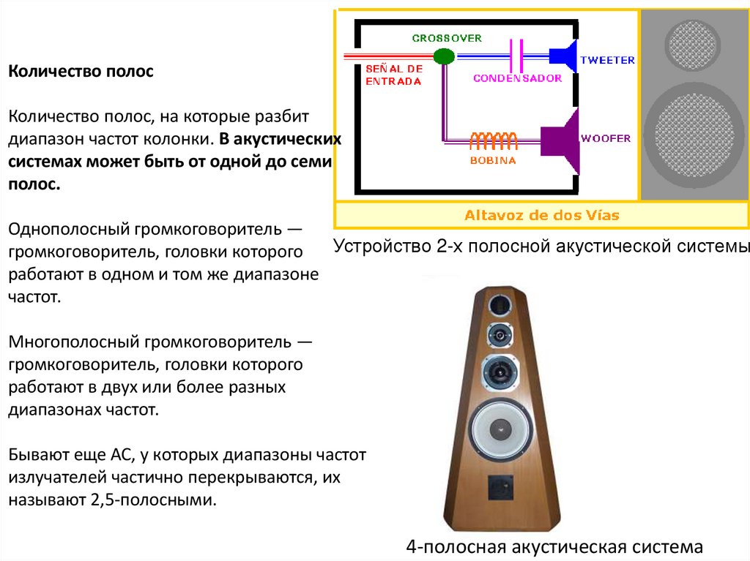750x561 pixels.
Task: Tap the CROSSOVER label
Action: (x=447, y=37)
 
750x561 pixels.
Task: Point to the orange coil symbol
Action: (x=494, y=138)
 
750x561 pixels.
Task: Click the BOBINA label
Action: (x=492, y=159)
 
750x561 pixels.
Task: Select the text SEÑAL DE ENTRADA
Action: (x=394, y=75)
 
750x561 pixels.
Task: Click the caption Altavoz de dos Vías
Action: (x=541, y=215)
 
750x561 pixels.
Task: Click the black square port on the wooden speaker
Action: (x=501, y=486)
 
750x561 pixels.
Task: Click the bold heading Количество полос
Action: (x=81, y=72)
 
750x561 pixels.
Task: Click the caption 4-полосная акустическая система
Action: (x=554, y=546)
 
